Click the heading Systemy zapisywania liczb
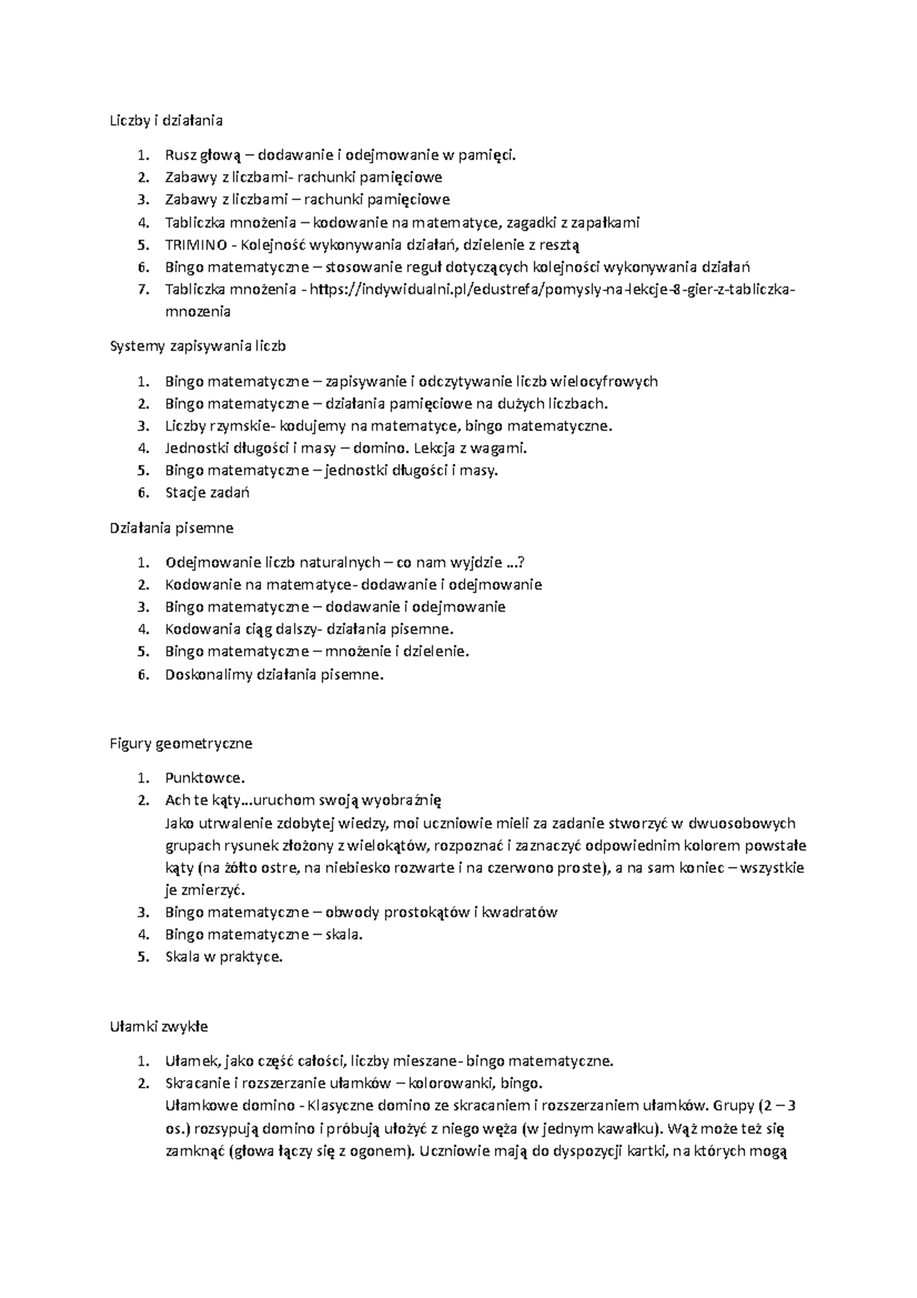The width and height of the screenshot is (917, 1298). point(198,346)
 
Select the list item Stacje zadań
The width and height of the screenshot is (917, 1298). point(207,492)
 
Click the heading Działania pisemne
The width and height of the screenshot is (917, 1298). point(172,528)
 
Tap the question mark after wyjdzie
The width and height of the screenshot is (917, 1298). point(521,563)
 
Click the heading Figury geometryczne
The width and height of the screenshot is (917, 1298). point(181,743)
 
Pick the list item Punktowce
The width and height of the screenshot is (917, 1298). point(205,778)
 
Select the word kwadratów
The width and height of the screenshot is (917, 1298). point(522,912)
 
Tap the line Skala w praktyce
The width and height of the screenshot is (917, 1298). point(224,956)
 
